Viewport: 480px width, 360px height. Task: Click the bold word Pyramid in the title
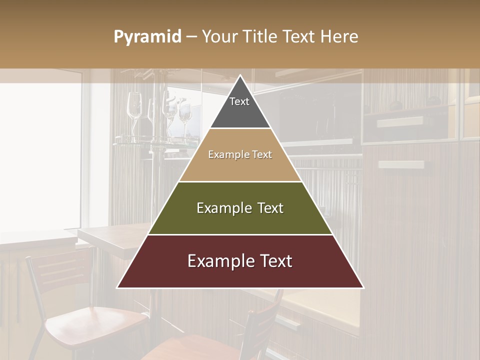(147, 36)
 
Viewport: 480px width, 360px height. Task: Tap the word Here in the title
(339, 36)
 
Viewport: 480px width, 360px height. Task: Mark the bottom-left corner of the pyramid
(118, 287)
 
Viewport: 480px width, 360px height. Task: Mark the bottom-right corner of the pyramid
(363, 287)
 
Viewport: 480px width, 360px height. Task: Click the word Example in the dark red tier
(218, 261)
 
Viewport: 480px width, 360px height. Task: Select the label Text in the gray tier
(239, 101)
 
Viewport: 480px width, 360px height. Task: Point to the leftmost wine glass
(134, 107)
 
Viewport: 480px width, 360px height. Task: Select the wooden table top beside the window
(115, 237)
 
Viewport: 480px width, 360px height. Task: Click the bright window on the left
(40, 155)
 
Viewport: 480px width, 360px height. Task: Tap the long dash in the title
(191, 37)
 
